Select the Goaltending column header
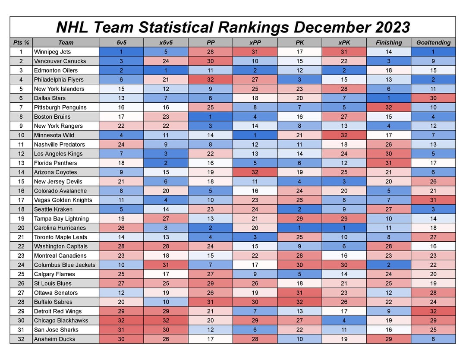433,42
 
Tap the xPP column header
255,42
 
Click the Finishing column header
389,42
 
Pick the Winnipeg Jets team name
52,52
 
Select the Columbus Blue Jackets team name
65,265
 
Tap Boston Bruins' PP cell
211,117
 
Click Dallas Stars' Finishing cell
389,98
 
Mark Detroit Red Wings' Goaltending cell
433,311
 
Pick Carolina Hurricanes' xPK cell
344,228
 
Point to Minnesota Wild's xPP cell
255,135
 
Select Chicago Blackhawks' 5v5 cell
121,321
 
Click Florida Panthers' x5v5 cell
166,163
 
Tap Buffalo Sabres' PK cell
299,302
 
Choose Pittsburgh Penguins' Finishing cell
389,107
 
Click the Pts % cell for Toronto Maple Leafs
21,237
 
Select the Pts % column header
21,42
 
